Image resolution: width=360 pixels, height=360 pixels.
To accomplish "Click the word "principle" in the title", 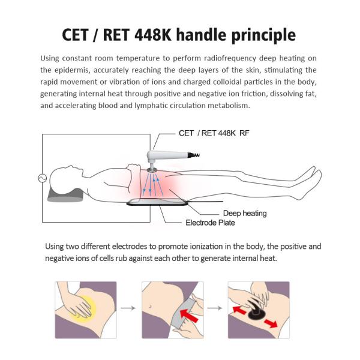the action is pos(263,36).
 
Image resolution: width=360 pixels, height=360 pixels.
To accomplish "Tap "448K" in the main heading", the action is pos(153,35).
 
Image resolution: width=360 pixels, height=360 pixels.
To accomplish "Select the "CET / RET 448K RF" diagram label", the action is pos(214,133).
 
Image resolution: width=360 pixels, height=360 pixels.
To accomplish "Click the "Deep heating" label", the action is pos(245,213).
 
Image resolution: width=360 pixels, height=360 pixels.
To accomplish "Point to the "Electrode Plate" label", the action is pos(210,223).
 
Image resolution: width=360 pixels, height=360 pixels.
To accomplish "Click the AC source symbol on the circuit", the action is pos(42,178).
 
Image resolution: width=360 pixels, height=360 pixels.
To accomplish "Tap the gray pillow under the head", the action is pos(65,195).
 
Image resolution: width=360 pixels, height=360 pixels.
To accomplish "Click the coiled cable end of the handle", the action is pos(194,155).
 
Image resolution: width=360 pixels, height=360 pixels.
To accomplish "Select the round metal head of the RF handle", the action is pos(152,170).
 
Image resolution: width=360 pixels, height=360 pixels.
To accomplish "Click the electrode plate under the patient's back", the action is pos(157,202).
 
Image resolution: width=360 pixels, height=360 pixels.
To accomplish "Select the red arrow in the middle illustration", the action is pos(189,316).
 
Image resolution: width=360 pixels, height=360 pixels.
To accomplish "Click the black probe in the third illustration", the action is pos(257,311).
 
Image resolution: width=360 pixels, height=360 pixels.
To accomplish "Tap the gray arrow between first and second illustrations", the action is pos(128,308).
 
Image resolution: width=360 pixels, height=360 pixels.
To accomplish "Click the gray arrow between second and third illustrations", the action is pos(215,308).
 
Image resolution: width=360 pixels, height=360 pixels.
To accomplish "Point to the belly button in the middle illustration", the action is pos(150,306).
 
